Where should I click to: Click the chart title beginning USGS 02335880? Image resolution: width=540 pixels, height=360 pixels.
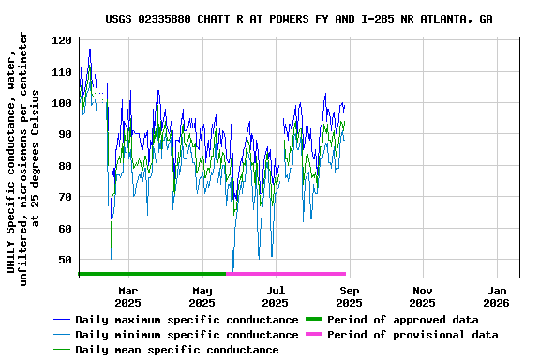(x=298, y=19)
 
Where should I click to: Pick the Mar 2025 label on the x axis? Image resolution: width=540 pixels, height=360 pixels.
(x=128, y=296)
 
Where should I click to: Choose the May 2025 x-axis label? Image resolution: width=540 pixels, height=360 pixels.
(x=202, y=296)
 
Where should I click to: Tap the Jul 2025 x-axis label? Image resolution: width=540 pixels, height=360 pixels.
(x=275, y=296)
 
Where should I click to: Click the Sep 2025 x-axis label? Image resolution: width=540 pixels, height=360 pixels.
(x=349, y=296)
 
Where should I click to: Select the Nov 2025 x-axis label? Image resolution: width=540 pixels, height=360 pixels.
(x=422, y=296)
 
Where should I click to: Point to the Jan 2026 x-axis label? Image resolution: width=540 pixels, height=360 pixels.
(x=496, y=296)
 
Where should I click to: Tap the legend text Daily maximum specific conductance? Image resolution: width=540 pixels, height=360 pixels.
(x=187, y=320)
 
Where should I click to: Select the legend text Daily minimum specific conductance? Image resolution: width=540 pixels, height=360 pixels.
(x=187, y=335)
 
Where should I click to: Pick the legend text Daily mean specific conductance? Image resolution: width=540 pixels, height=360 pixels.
(x=176, y=350)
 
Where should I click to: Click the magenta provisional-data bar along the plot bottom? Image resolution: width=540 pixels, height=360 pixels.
(x=287, y=274)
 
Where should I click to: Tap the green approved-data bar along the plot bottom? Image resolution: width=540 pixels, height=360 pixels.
(x=153, y=274)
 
